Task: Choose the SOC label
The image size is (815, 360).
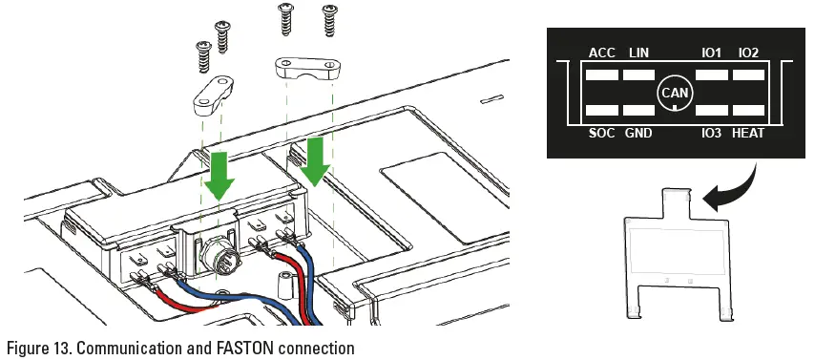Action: point(601,133)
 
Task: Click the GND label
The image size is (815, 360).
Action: point(638,133)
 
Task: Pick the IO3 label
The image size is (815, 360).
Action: point(711,133)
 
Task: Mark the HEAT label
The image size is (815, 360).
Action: point(748,133)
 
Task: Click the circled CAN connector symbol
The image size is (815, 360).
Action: point(675,93)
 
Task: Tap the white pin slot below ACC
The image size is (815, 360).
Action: point(601,74)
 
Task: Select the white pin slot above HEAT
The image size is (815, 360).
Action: point(749,111)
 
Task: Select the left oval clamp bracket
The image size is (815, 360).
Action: point(213,95)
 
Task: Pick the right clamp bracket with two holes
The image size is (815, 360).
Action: point(305,69)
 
